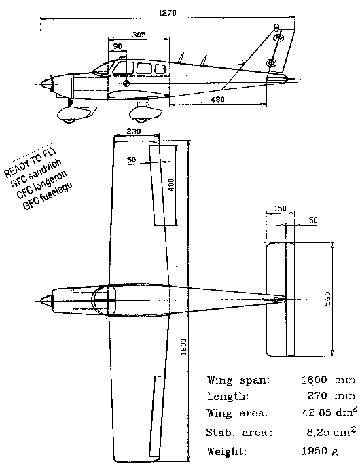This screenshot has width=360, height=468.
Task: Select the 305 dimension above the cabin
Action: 139,34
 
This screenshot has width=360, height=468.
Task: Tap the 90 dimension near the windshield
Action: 118,46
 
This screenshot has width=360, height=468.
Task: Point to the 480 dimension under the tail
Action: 217,99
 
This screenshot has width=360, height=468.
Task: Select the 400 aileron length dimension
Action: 172,184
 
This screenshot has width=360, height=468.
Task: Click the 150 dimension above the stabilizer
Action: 279,209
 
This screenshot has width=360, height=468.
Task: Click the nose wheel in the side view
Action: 70,120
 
